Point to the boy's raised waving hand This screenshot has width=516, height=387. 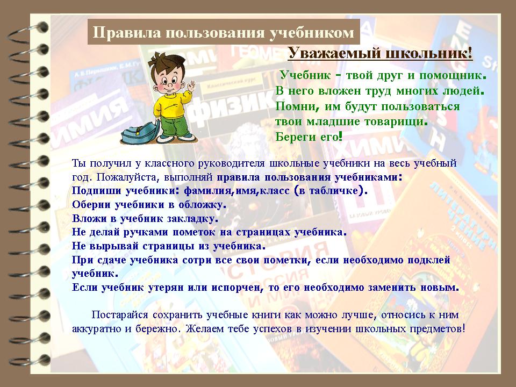[190, 85]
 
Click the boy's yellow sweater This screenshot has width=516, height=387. [171, 105]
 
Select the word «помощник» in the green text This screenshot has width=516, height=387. [450, 76]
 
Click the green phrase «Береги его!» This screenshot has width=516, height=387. [309, 136]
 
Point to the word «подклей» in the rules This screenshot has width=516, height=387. [429, 260]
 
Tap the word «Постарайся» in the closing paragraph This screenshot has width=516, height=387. [120, 314]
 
